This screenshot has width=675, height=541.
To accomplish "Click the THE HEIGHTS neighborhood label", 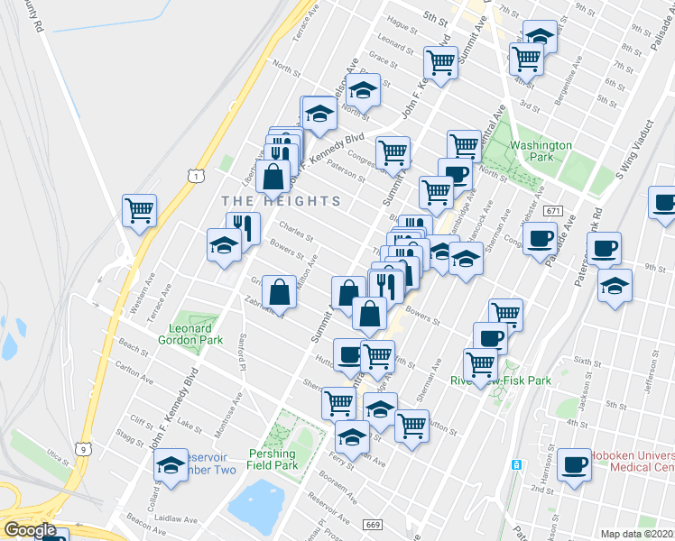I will tap(281, 201).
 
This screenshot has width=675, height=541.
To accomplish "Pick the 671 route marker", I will tap(553, 211).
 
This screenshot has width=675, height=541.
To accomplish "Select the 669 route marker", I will tap(372, 525).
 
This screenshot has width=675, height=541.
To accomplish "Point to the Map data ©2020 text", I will tap(636, 534).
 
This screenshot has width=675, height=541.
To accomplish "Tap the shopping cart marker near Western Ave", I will tap(140, 212).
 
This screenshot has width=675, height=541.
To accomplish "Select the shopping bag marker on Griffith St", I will tap(280, 292).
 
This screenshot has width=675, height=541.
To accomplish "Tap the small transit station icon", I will tap(516, 465).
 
